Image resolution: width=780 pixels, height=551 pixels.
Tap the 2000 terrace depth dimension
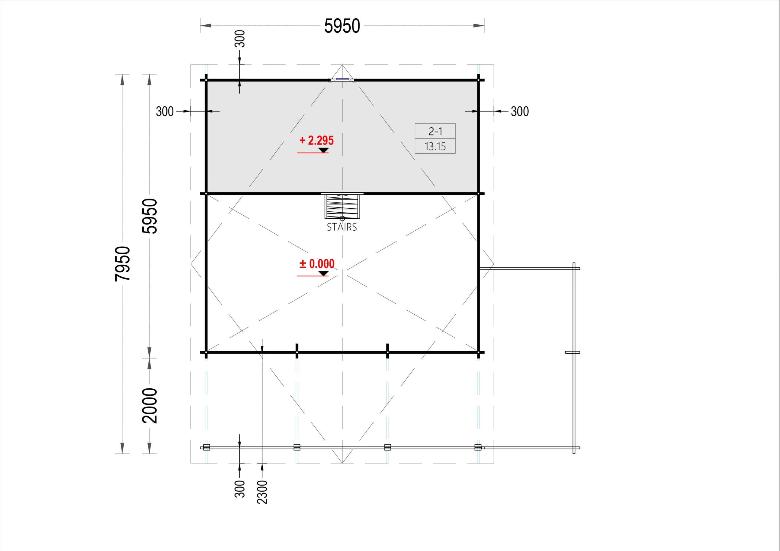(x=150, y=405)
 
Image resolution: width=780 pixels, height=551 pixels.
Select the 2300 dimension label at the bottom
(x=262, y=492)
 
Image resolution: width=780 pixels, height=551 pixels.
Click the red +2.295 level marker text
(x=317, y=140)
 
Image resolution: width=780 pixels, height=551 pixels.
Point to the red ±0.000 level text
(x=317, y=263)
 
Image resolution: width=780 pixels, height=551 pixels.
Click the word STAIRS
(x=342, y=227)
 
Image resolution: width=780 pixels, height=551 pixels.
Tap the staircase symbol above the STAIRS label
(x=342, y=206)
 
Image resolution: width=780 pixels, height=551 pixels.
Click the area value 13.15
(x=435, y=147)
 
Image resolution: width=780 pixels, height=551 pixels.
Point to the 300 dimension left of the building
(x=165, y=111)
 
